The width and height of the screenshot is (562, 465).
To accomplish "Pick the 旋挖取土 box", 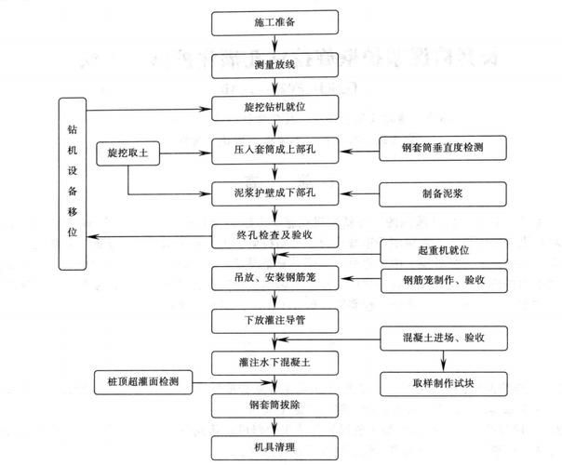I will tap(128, 151).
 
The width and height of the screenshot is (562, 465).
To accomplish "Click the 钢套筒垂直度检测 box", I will tap(442, 147).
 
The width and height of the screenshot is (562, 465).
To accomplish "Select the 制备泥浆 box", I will tap(442, 193).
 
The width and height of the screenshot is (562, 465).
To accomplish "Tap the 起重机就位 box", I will tap(442, 251).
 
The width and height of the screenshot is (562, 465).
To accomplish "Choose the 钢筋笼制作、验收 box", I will tap(442, 279).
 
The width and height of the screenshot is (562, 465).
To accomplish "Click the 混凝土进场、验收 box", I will tap(442, 337).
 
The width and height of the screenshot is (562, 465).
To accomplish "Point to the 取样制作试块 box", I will tap(442, 382).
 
